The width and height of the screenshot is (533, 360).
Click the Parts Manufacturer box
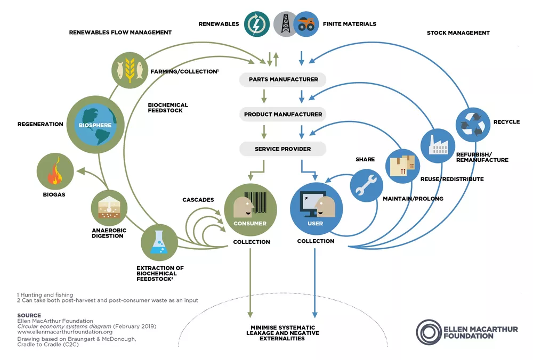(x=283, y=79)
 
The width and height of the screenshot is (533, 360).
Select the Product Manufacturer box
(x=283, y=114)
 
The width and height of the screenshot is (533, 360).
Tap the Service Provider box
(x=283, y=149)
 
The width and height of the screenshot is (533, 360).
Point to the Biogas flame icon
(x=55, y=174)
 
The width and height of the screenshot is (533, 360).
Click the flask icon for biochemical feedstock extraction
(x=159, y=242)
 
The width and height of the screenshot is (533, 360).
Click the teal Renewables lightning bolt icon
(x=256, y=24)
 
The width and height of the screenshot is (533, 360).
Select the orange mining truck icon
(x=306, y=24)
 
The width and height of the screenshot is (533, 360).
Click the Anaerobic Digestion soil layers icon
(x=109, y=208)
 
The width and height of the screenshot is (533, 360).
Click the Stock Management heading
(x=458, y=33)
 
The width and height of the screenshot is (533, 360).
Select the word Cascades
(x=198, y=200)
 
